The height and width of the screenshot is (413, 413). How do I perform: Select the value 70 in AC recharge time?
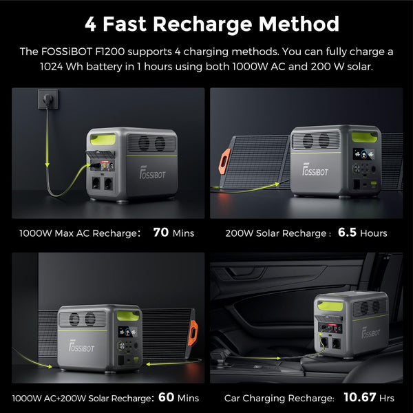point(161,233)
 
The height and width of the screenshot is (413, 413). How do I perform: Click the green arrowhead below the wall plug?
point(45,165)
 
